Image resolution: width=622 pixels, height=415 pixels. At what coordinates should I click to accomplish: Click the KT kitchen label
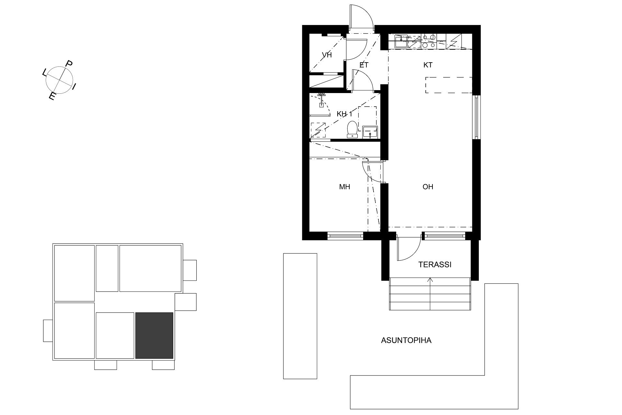(x=428, y=65)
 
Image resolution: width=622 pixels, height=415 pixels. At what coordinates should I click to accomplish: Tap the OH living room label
(x=428, y=187)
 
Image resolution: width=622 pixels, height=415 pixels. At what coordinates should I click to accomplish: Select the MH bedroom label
(x=345, y=187)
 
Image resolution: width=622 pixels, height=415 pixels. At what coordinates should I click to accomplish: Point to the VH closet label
(x=327, y=55)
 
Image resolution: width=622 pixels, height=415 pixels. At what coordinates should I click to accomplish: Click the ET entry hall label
(x=364, y=65)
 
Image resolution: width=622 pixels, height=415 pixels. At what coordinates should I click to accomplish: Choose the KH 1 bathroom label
(x=344, y=114)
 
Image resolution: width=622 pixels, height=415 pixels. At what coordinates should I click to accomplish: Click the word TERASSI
(x=435, y=265)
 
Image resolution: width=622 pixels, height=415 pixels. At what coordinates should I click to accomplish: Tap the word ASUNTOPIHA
(x=406, y=340)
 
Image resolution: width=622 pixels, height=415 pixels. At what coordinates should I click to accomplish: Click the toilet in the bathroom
(x=352, y=129)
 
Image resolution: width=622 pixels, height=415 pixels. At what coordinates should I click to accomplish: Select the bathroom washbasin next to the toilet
(x=370, y=132)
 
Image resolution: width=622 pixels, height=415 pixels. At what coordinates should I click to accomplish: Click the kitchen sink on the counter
(x=401, y=41)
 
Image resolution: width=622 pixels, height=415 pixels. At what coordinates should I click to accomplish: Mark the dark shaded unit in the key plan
(x=154, y=335)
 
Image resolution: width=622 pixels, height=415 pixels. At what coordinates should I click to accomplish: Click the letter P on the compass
(x=69, y=64)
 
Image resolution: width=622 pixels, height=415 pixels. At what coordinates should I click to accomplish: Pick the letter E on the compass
(x=52, y=97)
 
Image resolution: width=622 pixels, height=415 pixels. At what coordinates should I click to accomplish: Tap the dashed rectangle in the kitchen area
(x=449, y=85)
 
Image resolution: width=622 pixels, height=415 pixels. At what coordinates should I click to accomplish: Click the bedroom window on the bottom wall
(x=345, y=236)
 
